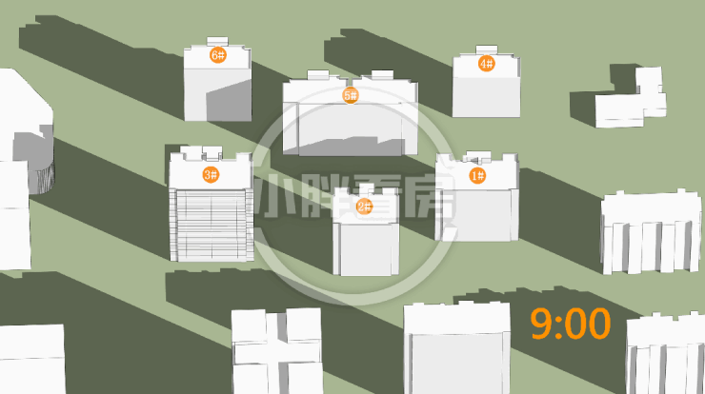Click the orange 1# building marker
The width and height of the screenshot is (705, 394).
477,175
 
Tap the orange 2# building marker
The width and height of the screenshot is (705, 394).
364,207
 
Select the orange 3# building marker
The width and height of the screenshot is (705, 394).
211,174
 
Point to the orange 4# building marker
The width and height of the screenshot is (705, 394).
487,64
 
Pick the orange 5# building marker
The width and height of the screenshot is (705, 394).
351,95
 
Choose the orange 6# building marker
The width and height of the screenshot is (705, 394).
218,55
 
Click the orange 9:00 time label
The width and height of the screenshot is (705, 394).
571,324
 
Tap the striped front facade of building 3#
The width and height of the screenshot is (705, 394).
211,225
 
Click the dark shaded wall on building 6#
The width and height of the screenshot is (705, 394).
229,100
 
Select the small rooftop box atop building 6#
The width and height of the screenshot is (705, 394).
217,41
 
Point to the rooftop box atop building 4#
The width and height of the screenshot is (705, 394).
487,49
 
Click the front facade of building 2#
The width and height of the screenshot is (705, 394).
366,249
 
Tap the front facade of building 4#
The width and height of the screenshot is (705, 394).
486,97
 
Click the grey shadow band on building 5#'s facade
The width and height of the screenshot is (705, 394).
351,147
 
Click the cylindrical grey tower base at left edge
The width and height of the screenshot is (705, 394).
41,178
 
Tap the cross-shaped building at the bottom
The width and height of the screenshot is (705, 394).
277,351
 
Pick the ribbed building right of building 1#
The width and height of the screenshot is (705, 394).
652,232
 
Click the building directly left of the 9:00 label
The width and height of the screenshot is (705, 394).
457,348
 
